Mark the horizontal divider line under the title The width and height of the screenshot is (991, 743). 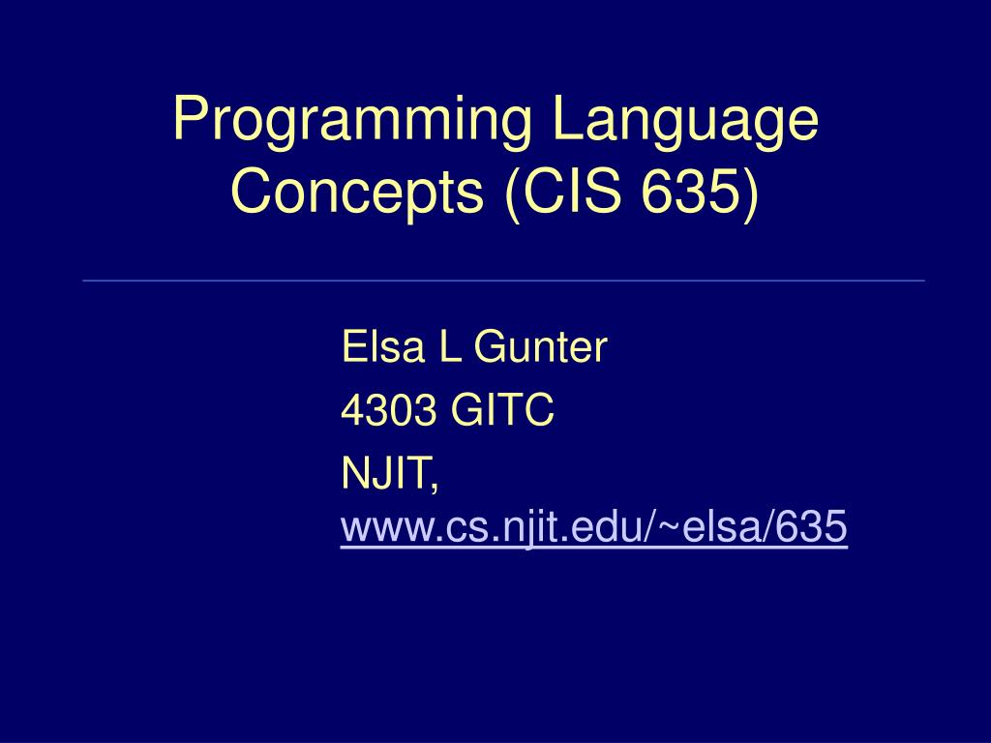(x=503, y=281)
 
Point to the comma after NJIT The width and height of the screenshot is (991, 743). (x=434, y=484)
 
